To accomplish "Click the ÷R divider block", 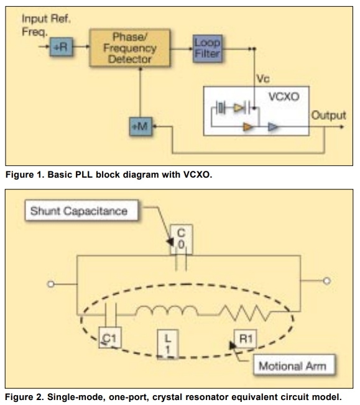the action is tap(62, 47).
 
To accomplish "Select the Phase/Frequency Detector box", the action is tap(129, 48).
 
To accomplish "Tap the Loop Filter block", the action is tap(208, 48).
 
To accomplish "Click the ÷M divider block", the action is tap(141, 126).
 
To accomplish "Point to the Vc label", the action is tap(263, 78).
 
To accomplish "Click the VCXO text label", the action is tap(284, 97).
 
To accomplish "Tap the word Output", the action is tap(328, 115).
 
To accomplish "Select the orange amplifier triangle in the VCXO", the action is tap(247, 127).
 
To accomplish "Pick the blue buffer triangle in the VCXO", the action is tap(273, 127).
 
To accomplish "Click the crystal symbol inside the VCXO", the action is tap(220, 107).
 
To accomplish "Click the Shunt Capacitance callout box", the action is tap(81, 211).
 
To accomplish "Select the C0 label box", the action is tap(182, 239).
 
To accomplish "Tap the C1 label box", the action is tap(110, 337).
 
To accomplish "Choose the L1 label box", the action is tap(168, 344).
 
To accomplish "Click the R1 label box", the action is tap(246, 339).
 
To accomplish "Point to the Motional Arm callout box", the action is tap(294, 365).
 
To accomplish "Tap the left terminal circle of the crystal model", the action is tap(51, 284).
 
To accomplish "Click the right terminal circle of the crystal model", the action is tap(327, 281).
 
